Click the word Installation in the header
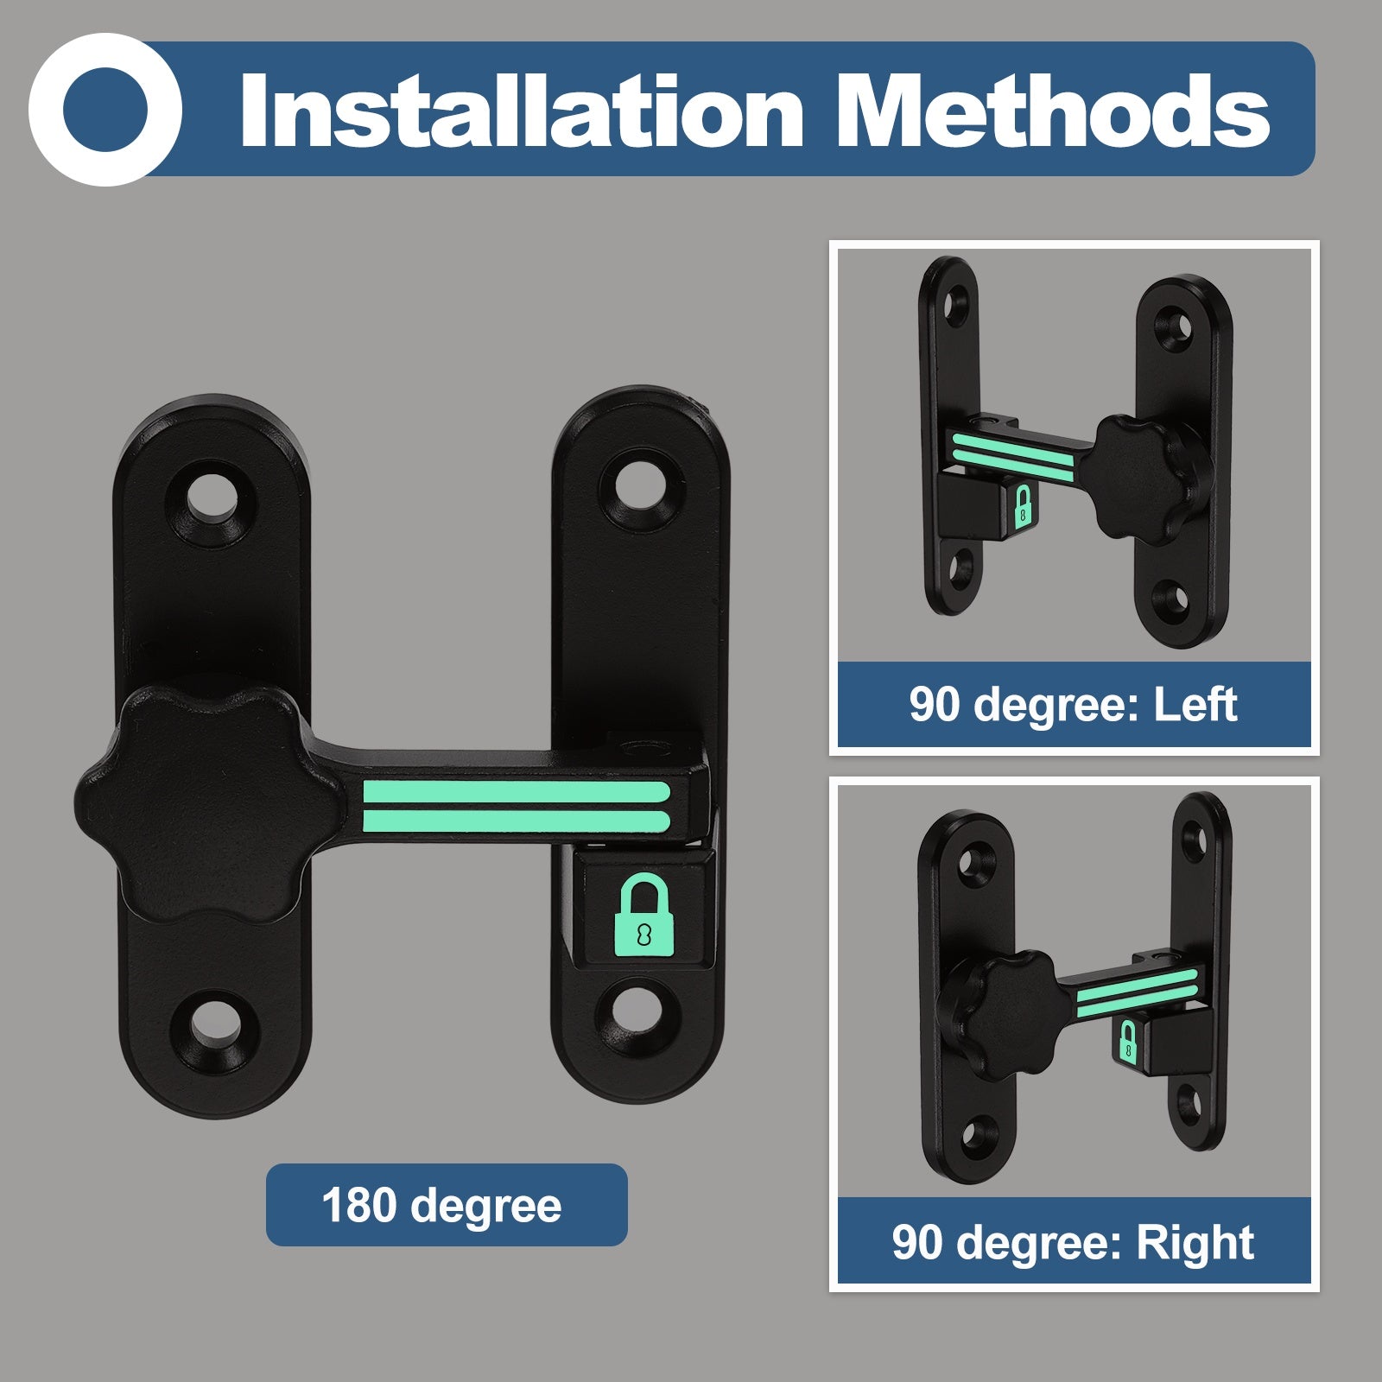(522, 111)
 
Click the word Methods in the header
(1053, 111)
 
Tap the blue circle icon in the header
(105, 110)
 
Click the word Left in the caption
(1195, 704)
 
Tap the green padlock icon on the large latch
(644, 915)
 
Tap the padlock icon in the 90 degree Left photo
(1023, 506)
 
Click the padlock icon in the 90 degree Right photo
(1127, 1040)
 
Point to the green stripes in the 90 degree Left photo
(1013, 456)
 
